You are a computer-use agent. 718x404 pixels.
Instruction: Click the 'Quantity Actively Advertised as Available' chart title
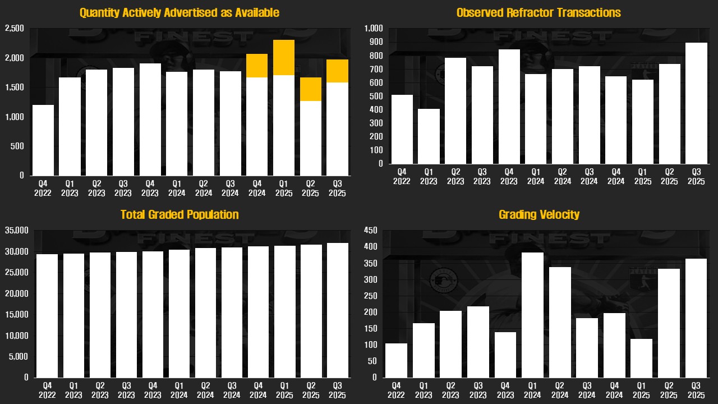(179, 12)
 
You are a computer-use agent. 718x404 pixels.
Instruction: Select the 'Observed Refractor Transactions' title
(538, 12)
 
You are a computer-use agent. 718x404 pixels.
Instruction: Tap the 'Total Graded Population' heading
(179, 214)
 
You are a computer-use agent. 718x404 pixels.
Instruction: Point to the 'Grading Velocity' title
(538, 214)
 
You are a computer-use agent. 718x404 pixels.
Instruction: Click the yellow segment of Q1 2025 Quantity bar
(284, 57)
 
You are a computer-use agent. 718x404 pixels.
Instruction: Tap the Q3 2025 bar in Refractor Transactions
(696, 103)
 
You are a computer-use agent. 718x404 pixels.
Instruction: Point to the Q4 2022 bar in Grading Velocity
(396, 360)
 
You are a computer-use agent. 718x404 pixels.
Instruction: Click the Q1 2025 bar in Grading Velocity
(642, 358)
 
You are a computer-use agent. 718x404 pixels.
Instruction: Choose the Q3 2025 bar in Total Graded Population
(337, 310)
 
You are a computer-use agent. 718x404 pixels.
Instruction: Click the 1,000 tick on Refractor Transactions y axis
(373, 29)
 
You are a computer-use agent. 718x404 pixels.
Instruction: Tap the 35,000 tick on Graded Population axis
(16, 230)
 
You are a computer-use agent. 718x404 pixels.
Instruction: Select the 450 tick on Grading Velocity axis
(371, 230)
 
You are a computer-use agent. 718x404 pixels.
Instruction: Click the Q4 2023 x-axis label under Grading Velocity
(505, 391)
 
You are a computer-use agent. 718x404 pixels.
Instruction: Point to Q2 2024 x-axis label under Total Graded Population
(205, 391)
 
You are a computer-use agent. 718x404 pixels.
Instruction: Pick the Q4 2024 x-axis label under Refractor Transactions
(615, 177)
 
